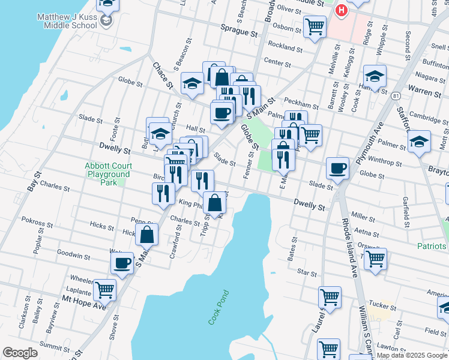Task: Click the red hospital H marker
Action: pyautogui.click(x=342, y=10)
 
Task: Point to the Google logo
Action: pyautogui.click(x=20, y=353)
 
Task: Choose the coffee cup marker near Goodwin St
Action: pyautogui.click(x=122, y=263)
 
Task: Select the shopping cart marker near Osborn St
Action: pyautogui.click(x=315, y=26)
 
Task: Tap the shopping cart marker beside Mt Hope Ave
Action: pyautogui.click(x=104, y=290)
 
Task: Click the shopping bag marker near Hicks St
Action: pyautogui.click(x=147, y=235)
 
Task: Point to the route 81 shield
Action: pyautogui.click(x=395, y=95)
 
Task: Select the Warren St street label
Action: pyautogui.click(x=425, y=92)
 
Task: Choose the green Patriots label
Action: pyautogui.click(x=432, y=246)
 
